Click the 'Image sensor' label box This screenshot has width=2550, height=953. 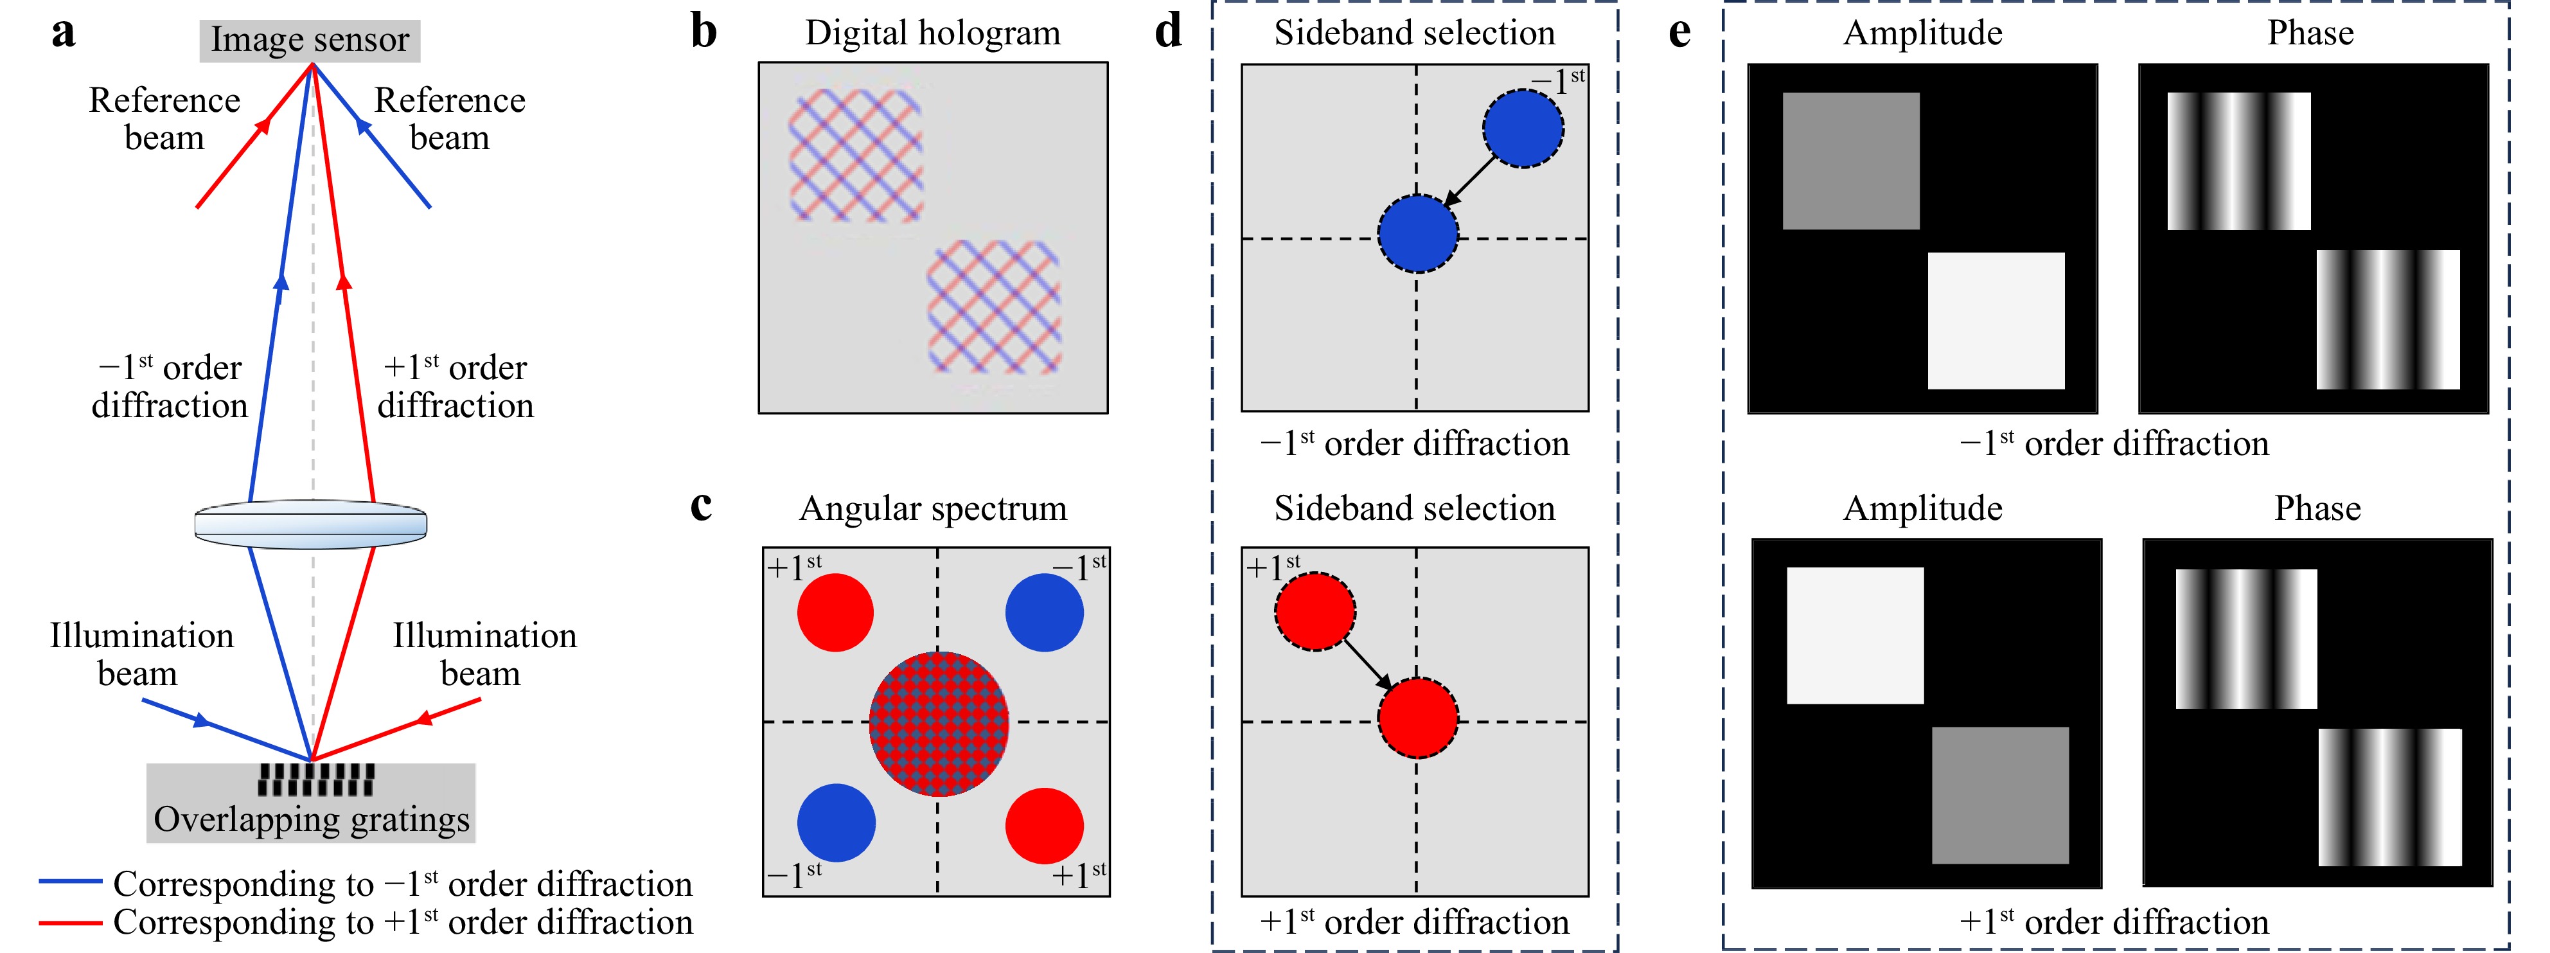[x=310, y=40]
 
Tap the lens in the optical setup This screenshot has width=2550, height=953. [x=311, y=524]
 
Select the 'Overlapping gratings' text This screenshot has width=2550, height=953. [x=312, y=819]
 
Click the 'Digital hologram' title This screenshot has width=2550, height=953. [x=932, y=33]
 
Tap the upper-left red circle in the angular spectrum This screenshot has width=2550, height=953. [x=835, y=612]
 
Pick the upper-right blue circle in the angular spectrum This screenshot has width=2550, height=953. [x=1045, y=612]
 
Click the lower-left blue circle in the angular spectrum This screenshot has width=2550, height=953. [x=837, y=823]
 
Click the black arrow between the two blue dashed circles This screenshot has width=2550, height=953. [x=1471, y=180]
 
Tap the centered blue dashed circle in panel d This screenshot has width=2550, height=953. [x=1417, y=233]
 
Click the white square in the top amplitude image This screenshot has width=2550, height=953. [x=1996, y=321]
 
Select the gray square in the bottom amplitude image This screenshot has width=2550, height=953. [x=1999, y=796]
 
